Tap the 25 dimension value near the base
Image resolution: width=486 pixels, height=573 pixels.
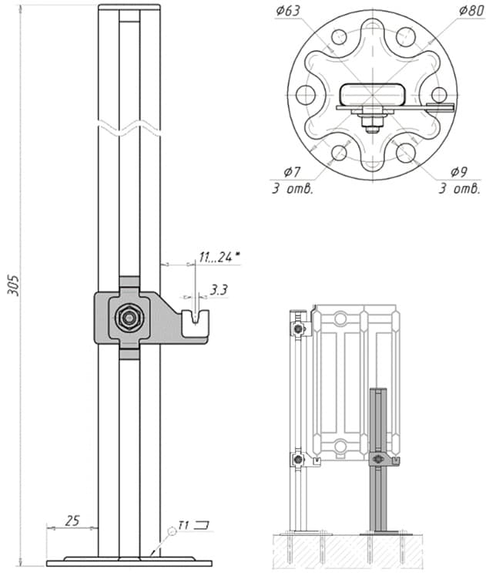tap(72, 521)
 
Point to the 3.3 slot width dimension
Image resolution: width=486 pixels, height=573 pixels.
tap(219, 290)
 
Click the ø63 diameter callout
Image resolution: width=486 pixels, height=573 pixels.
tap(288, 11)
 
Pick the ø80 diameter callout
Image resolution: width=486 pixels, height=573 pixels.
tap(472, 11)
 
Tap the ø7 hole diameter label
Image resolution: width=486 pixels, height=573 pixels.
tap(292, 171)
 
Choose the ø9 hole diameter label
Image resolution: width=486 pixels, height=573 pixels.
tap(459, 171)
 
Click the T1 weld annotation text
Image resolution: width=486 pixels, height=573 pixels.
tap(183, 525)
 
